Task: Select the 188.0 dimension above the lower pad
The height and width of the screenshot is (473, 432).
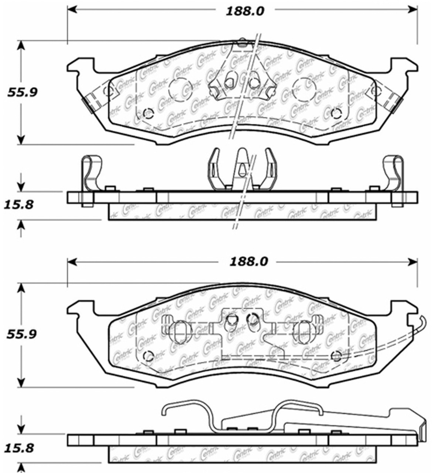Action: (248, 262)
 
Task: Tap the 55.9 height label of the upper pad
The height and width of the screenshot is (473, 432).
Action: (22, 92)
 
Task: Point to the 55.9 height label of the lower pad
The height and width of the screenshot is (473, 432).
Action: (22, 334)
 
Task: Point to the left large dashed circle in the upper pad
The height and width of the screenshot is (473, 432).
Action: (180, 90)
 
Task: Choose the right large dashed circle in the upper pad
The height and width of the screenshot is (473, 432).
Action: (304, 90)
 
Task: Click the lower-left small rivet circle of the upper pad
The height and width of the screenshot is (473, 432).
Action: (148, 113)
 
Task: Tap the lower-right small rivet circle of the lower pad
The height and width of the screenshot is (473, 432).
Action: (336, 356)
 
